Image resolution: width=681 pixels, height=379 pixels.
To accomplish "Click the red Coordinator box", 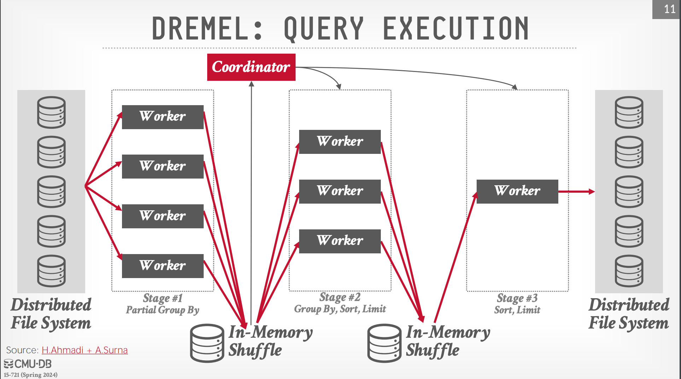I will tap(251, 67).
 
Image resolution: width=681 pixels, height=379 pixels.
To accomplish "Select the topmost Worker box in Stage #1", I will tap(163, 117).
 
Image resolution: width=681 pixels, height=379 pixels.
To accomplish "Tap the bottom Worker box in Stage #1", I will tap(163, 266).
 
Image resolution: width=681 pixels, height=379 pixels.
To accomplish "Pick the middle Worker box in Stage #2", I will tap(340, 191).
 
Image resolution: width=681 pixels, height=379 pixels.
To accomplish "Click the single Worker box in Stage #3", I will tap(517, 191).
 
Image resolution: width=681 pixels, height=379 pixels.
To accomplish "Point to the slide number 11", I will tap(669, 9).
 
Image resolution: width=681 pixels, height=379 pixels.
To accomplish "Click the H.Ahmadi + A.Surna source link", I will tap(85, 350).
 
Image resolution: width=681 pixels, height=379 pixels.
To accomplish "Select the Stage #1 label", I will tap(163, 298).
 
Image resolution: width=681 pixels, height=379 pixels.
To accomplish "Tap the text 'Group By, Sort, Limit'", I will tap(340, 309).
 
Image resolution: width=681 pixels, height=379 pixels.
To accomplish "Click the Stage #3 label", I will tap(517, 298).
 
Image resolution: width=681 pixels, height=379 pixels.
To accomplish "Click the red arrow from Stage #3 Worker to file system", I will tap(576, 192).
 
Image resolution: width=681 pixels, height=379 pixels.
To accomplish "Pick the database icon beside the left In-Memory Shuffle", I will tap(207, 343).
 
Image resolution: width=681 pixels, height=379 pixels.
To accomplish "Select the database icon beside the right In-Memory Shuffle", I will tap(384, 343).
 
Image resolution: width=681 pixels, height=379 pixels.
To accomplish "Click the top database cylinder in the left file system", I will tap(51, 112).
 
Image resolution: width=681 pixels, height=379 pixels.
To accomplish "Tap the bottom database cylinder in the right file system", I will tap(629, 271).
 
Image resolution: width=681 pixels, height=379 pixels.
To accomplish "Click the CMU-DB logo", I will tap(28, 364).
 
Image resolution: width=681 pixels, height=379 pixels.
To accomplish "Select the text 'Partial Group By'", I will tap(163, 310).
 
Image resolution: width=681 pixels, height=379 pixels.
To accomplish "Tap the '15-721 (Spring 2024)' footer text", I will tap(31, 375).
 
